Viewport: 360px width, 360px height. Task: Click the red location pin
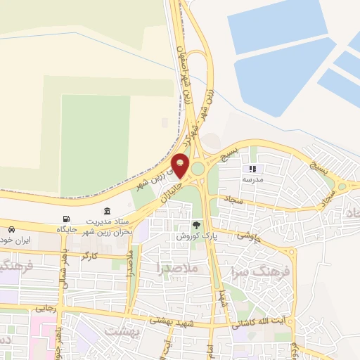[x=181, y=165]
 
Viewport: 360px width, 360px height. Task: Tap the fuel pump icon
[x=67, y=219]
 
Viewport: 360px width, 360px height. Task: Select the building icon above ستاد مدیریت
[x=107, y=212]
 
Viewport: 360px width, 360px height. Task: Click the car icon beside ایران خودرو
[x=11, y=230]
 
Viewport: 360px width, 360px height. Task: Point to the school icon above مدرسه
[x=252, y=169]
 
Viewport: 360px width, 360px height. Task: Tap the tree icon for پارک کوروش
[x=197, y=226]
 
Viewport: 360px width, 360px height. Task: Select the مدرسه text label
[x=252, y=180]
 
